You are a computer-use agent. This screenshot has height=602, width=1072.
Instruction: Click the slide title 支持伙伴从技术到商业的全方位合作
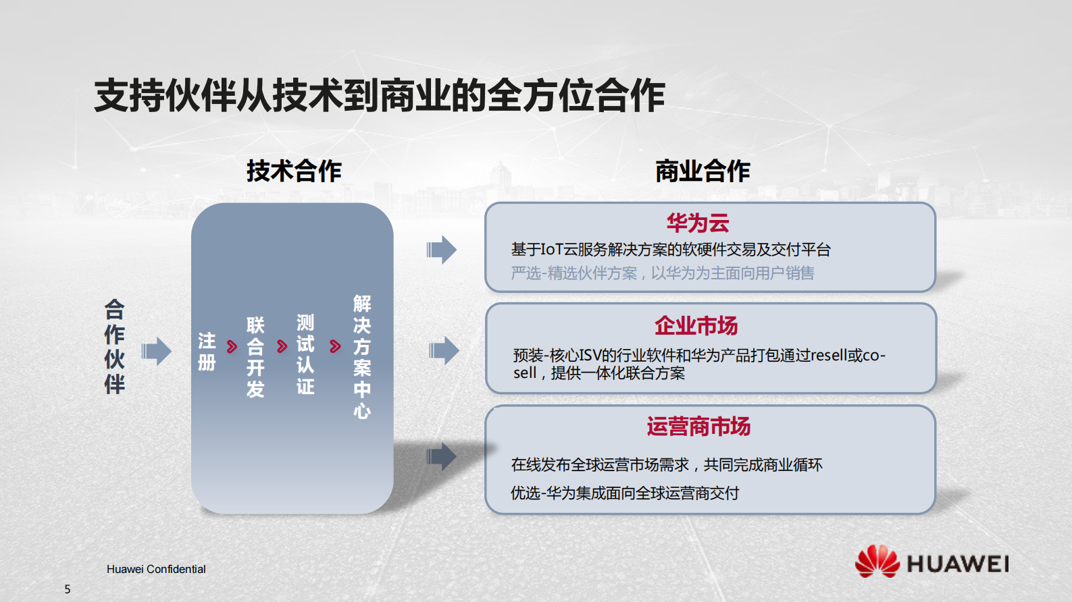coord(380,95)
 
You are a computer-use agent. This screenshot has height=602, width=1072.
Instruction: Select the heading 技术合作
coord(294,171)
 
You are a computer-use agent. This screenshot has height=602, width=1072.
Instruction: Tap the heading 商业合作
coord(703,171)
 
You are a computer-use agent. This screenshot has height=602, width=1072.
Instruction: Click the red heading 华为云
coord(698,223)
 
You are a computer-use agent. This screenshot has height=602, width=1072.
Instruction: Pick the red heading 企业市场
coord(696,325)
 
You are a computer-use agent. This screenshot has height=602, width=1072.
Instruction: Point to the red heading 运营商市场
coord(698,427)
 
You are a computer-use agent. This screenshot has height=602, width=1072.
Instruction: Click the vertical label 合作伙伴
coord(114,347)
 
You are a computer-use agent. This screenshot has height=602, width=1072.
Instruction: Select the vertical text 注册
coord(207,352)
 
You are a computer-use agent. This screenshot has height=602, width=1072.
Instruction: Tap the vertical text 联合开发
coord(255,357)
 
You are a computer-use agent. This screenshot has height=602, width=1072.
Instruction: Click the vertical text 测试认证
coord(305,354)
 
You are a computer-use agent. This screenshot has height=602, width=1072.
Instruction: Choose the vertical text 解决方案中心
coord(362,357)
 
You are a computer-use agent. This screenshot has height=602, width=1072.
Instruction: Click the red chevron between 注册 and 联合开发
coord(232,347)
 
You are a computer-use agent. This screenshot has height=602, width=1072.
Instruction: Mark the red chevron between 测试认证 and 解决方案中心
coord(335,347)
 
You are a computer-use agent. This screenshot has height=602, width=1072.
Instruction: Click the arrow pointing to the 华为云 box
coord(442,250)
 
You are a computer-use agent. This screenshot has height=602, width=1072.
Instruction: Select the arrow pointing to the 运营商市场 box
coord(442,457)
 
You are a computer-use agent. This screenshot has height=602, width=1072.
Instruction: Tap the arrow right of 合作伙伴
coord(157,351)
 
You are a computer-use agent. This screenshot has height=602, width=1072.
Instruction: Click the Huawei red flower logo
coord(877,562)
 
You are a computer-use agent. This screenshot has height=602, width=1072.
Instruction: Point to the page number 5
coord(68,589)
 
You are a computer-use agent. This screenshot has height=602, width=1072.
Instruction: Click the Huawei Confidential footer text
coord(156,569)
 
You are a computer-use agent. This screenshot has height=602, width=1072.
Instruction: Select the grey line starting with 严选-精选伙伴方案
coord(662,273)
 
